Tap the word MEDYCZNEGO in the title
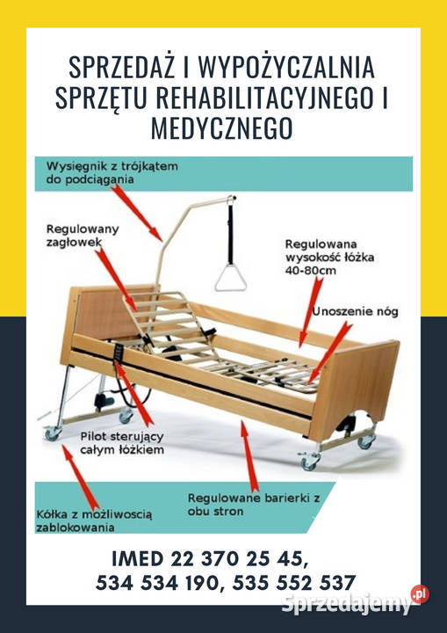(x=223, y=128)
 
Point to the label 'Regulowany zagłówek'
(x=83, y=235)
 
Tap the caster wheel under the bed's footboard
(x=309, y=462)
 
